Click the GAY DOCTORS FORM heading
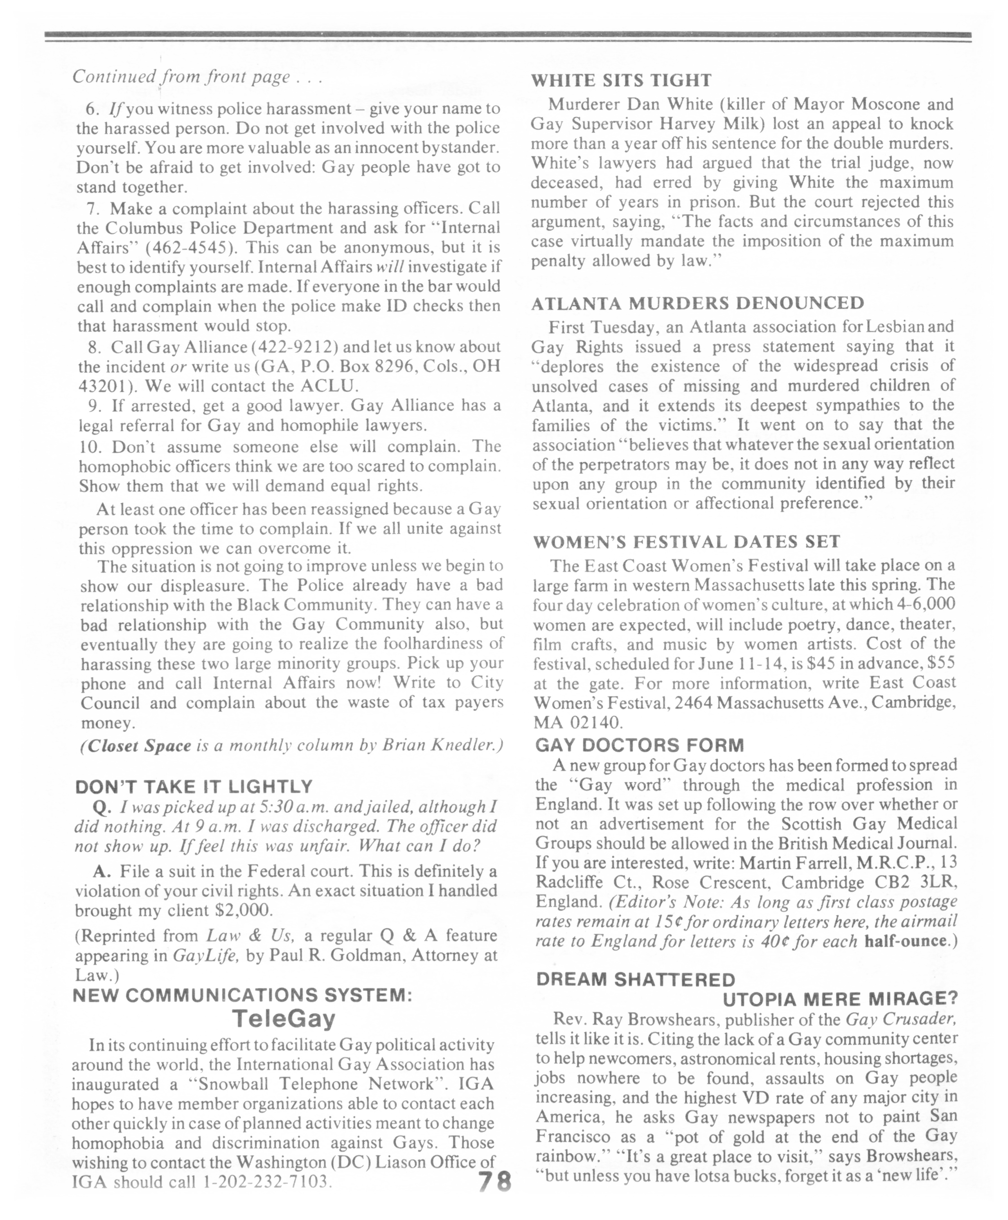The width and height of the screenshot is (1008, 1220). [639, 745]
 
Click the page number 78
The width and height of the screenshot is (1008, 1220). [494, 1182]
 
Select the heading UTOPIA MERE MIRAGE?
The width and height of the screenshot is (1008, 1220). [840, 999]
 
